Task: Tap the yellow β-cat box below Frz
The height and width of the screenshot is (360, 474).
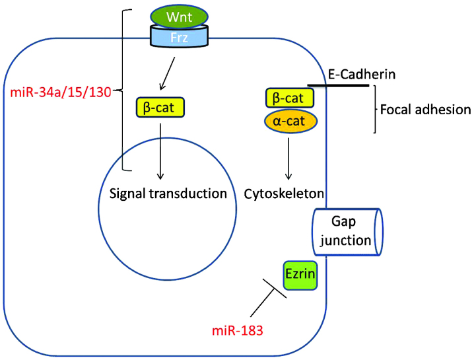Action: pyautogui.click(x=159, y=106)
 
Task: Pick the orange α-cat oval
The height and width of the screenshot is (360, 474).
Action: pyautogui.click(x=288, y=121)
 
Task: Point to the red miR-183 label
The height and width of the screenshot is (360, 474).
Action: pyautogui.click(x=238, y=330)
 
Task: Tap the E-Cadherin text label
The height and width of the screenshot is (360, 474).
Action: pyautogui.click(x=362, y=74)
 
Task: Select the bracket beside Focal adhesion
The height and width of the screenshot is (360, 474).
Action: pyautogui.click(x=374, y=109)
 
